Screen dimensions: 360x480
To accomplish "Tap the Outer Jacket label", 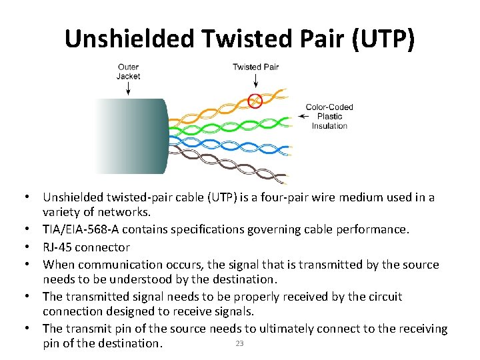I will tap(128, 71).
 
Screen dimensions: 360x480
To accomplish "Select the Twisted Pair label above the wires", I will tap(255, 67).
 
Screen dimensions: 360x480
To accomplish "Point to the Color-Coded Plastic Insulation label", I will tap(329, 117).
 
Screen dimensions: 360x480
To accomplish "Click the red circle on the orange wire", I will tap(254, 101).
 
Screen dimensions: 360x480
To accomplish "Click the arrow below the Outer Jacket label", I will tap(128, 90).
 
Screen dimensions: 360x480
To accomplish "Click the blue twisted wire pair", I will tap(227, 141).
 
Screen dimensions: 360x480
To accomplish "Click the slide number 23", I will tap(239, 343).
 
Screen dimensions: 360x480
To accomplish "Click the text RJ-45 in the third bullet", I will tap(58, 247).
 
